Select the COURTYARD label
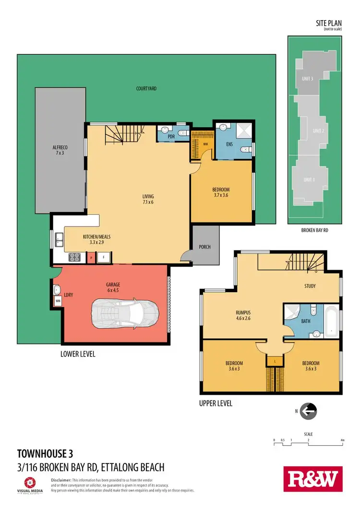[x=146, y=89]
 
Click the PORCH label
[x=204, y=247]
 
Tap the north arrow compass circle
[x=310, y=410]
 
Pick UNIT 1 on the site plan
[x=309, y=180]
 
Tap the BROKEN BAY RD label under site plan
[x=314, y=230]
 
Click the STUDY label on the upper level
[x=310, y=286]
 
